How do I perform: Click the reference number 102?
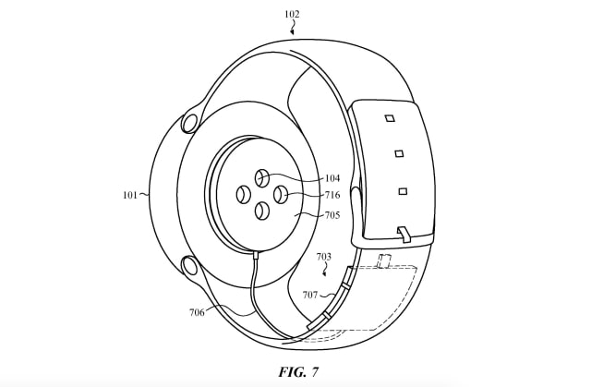coord(292,14)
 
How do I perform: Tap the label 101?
coord(129,195)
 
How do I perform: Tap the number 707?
coord(310,296)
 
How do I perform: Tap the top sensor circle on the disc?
coord(261,177)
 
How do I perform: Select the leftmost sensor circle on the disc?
coord(244,194)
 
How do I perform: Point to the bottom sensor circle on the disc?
coord(261,211)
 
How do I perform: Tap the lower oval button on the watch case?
coord(190,267)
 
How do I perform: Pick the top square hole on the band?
coord(389,118)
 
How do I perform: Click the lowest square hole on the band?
coord(403,191)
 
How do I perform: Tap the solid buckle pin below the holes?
coord(404,232)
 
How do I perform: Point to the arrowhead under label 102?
coord(294,32)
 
